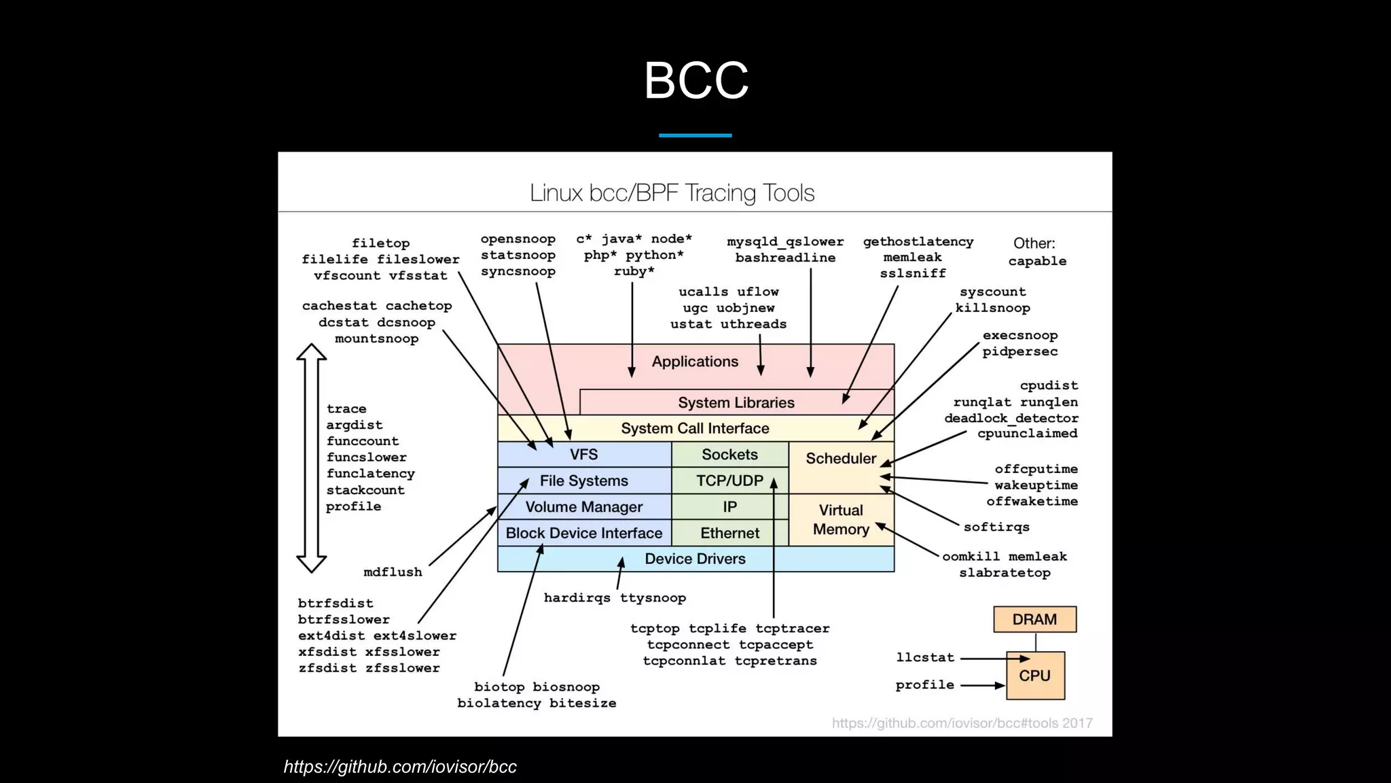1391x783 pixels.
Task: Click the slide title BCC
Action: [x=695, y=80]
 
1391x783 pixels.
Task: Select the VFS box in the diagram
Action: [x=584, y=455]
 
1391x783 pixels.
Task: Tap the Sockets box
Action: [x=729, y=455]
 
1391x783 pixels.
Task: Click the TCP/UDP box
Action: [x=729, y=481]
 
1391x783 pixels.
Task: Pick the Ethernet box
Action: [x=729, y=533]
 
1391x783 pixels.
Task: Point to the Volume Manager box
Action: [x=584, y=507]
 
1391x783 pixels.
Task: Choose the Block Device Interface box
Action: [x=584, y=533]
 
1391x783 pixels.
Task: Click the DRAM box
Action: [x=1034, y=619]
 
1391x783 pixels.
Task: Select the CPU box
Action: [x=1034, y=676]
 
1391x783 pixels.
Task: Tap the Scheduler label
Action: [x=841, y=459]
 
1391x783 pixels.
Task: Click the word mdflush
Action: [x=393, y=572]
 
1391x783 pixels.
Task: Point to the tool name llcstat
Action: [x=925, y=657]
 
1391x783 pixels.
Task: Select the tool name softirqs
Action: [x=996, y=527]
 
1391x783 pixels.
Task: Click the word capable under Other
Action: [x=1037, y=261]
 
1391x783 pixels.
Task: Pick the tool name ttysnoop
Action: [x=653, y=598]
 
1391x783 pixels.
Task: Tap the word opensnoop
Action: [x=518, y=239]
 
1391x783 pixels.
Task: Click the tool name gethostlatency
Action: [x=918, y=242]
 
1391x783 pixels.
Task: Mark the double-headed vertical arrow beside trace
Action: [x=312, y=458]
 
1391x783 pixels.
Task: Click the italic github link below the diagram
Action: [x=400, y=767]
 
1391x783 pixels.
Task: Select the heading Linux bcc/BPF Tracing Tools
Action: [x=672, y=193]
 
